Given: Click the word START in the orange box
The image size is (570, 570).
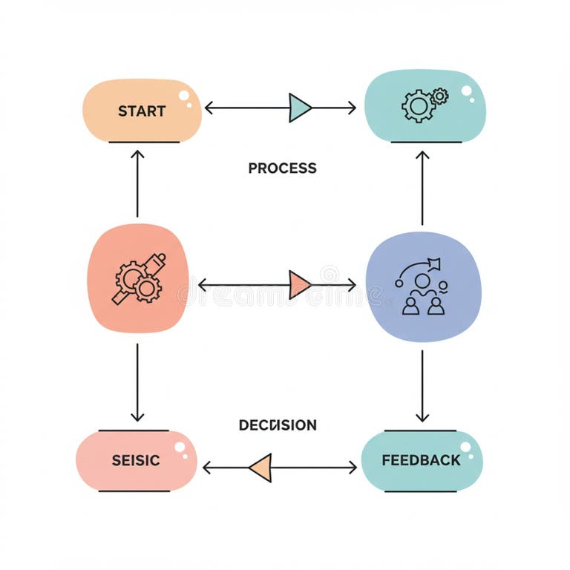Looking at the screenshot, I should [142, 111].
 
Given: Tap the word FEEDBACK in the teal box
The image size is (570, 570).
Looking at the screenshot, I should [421, 460].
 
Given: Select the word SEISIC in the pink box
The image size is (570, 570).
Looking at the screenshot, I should [136, 460].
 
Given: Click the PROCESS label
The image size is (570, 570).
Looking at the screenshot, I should [282, 168].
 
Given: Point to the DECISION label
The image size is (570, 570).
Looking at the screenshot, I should [278, 425].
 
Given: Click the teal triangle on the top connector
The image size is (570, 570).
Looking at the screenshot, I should [299, 108].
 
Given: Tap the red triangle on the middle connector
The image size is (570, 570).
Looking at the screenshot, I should [298, 284].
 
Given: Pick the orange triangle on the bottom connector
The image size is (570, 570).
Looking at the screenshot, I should [261, 468].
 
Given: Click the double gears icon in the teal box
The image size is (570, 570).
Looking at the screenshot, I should [424, 105].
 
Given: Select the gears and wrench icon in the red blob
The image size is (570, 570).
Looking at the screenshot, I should [139, 278].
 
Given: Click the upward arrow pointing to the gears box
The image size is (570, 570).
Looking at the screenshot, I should [422, 186].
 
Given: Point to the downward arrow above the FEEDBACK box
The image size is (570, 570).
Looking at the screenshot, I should [422, 386].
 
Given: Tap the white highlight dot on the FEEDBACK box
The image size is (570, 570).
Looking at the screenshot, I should [466, 446].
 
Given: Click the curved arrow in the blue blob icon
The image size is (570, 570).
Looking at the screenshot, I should [419, 268].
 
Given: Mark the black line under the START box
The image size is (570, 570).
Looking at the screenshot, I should [144, 142].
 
